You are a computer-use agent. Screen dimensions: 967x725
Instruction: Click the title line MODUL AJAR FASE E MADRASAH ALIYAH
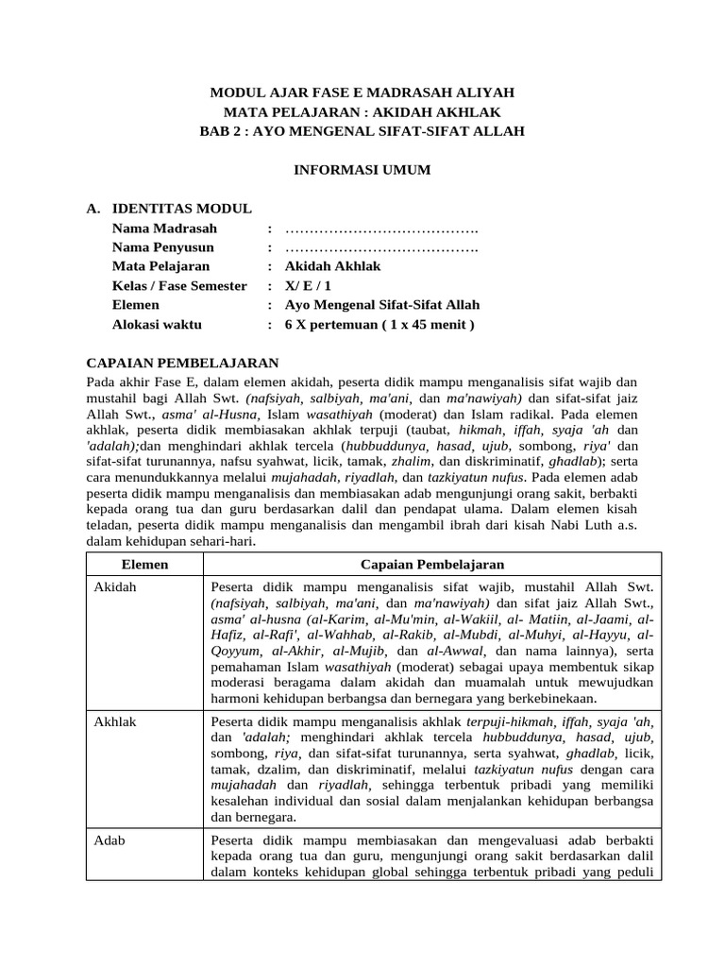pos(362,93)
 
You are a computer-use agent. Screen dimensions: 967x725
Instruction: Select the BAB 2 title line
pos(362,130)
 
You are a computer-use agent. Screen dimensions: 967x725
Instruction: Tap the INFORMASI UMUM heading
pos(362,170)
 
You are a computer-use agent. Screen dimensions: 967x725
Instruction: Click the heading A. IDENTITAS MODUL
pos(169,209)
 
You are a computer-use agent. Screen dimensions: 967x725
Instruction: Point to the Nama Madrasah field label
pos(164,229)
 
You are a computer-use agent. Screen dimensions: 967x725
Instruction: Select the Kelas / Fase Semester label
pos(179,286)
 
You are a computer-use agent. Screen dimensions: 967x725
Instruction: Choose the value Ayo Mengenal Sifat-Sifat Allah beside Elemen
pos(382,305)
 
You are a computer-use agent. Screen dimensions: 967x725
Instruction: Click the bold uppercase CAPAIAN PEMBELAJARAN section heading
pos(182,363)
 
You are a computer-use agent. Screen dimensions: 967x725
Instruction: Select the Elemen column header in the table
pos(145,564)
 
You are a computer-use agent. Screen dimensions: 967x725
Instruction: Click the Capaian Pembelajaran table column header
pos(432,564)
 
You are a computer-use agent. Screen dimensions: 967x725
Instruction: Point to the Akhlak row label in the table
pos(116,721)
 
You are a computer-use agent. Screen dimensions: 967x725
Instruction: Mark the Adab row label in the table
pos(110,840)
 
